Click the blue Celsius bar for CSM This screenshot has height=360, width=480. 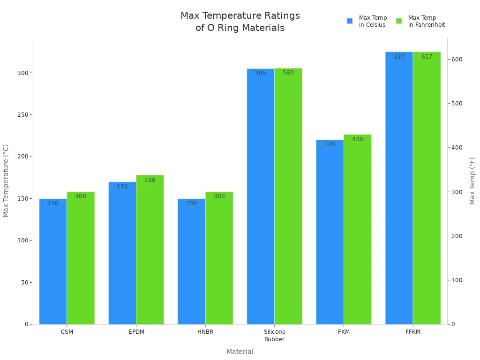coord(53,262)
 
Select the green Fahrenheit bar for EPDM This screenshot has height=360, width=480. coord(150,251)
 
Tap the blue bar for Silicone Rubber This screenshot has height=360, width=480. coord(261,197)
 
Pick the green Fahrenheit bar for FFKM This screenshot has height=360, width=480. coord(427,187)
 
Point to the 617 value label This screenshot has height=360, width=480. coord(427,57)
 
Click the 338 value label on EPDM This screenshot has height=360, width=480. coord(150,180)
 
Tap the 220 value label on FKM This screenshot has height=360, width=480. coord(330,144)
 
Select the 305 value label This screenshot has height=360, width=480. coord(261,73)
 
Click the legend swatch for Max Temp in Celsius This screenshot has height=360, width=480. coord(350,21)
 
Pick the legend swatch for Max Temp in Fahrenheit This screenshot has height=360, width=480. coord(399,21)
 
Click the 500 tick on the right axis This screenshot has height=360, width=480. coord(457,104)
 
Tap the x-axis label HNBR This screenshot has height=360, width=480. coord(205,332)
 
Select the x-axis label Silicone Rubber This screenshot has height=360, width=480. coord(275,335)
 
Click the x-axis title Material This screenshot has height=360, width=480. coord(240,352)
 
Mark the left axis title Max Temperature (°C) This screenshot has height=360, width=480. coord(6,180)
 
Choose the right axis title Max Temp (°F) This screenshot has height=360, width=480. coord(472,180)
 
